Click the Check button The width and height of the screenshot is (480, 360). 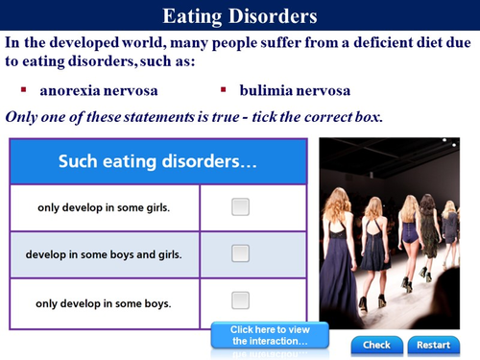click(x=376, y=345)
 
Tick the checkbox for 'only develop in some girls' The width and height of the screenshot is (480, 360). click(x=240, y=206)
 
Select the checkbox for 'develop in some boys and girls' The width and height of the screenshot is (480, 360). click(x=240, y=253)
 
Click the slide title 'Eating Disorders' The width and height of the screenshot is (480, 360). click(x=239, y=16)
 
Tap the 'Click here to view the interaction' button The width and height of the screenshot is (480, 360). click(x=269, y=336)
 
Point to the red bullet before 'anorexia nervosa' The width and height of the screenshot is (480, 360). click(x=23, y=90)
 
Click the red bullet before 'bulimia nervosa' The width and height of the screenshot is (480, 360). click(x=223, y=90)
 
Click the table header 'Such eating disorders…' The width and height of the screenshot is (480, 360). click(x=157, y=161)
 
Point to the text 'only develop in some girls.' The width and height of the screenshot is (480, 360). click(x=104, y=207)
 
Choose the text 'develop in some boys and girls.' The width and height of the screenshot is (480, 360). click(x=104, y=254)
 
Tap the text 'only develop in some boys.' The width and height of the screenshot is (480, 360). click(x=104, y=302)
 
